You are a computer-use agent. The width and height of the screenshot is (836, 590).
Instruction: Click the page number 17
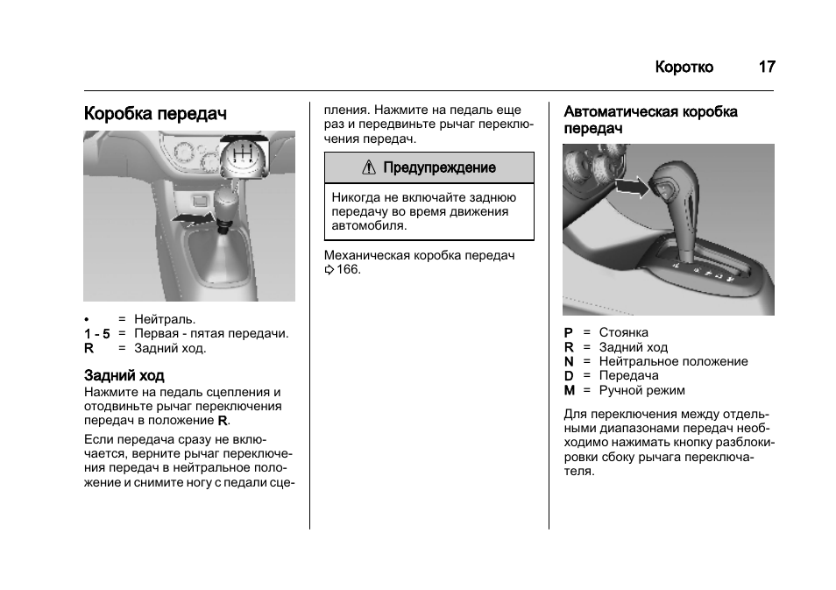766,68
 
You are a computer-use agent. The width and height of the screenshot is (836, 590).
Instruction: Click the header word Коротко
684,68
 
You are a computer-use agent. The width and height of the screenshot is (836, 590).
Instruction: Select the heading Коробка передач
155,115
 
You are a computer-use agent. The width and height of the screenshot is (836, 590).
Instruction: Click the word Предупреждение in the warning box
439,167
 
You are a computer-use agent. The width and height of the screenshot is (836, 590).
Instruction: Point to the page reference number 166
349,269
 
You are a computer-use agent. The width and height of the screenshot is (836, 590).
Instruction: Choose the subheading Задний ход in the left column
124,376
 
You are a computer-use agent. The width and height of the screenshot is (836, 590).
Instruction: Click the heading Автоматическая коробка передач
650,119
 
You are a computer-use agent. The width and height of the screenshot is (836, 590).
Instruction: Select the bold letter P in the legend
568,333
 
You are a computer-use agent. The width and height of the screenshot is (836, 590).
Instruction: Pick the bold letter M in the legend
569,390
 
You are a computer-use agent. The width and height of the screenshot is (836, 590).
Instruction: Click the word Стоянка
623,333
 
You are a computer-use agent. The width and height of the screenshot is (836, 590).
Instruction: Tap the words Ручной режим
641,390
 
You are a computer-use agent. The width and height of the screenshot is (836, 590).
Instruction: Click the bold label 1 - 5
97,334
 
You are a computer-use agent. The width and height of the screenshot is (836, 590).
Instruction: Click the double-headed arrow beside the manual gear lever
192,217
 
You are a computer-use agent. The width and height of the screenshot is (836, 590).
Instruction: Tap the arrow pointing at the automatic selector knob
630,186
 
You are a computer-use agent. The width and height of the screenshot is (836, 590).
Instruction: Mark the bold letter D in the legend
569,376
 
